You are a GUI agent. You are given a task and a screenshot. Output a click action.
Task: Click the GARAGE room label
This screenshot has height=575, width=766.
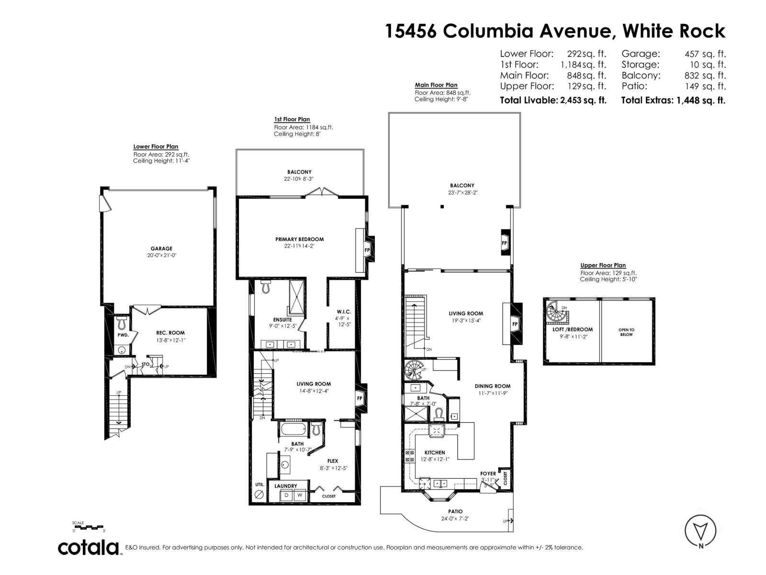tap(161, 249)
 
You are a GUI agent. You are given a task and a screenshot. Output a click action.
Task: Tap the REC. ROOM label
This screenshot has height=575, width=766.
tap(170, 333)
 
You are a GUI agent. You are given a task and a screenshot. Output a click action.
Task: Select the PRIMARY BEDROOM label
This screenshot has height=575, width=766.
tap(299, 239)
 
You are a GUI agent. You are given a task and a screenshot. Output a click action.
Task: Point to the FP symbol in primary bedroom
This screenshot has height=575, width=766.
tap(367, 250)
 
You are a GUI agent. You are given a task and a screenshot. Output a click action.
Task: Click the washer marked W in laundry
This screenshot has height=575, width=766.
tap(300, 495)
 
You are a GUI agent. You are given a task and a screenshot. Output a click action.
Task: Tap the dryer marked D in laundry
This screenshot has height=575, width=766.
tap(287, 495)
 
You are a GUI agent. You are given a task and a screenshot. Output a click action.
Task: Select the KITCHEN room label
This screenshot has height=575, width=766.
tap(434, 452)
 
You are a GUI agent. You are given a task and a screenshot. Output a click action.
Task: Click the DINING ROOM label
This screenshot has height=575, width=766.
tap(492, 386)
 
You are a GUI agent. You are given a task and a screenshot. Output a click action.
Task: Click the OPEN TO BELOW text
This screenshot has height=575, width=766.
tap(626, 332)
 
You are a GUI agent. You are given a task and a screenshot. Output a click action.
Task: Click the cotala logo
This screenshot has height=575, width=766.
tap(89, 547)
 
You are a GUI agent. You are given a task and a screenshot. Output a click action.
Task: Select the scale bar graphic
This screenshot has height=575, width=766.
tap(88, 527)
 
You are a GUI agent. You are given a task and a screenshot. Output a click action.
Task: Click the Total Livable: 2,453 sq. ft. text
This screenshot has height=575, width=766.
tap(553, 100)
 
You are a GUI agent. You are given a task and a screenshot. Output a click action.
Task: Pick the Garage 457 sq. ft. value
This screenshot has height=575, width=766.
tap(705, 54)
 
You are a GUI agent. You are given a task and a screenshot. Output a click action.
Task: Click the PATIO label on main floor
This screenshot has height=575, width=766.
tap(452, 511)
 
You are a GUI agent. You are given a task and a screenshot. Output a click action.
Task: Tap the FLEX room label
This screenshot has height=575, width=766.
tap(333, 461)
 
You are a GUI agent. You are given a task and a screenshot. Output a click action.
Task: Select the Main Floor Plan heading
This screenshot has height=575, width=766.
tap(436, 85)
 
